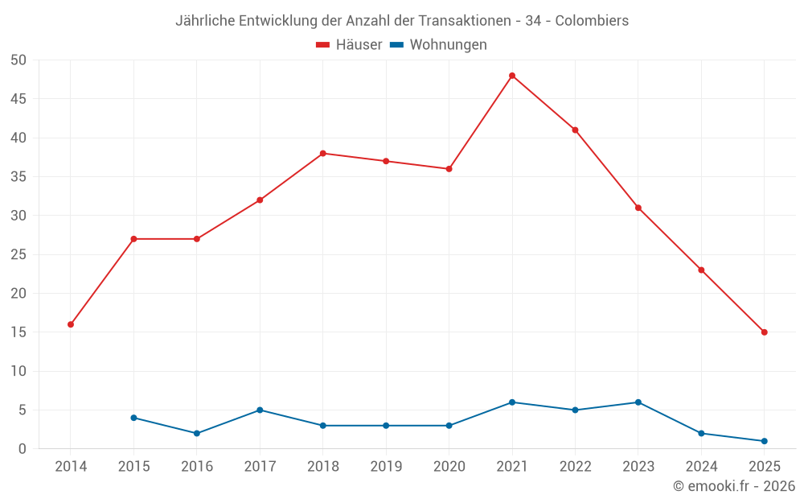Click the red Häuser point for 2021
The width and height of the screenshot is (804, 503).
pyautogui.click(x=512, y=76)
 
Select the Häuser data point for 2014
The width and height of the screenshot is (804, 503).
pyautogui.click(x=71, y=324)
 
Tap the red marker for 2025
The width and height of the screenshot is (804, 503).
pyautogui.click(x=764, y=332)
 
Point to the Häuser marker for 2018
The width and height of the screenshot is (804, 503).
pyautogui.click(x=323, y=153)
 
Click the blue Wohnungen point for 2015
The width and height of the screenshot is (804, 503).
pyautogui.click(x=133, y=418)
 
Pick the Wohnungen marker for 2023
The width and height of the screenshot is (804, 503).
pyautogui.click(x=638, y=402)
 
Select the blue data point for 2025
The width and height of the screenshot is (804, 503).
pyautogui.click(x=764, y=441)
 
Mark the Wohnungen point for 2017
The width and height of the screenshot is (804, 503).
pyautogui.click(x=260, y=410)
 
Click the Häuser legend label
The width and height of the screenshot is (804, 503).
pyautogui.click(x=359, y=45)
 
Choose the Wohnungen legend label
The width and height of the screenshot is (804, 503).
pyautogui.click(x=448, y=45)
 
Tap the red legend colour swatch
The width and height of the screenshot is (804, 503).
pyautogui.click(x=323, y=45)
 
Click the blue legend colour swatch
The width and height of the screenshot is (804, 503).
pyautogui.click(x=396, y=45)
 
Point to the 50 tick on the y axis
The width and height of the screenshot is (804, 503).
pyautogui.click(x=18, y=60)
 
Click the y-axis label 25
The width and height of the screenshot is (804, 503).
pyautogui.click(x=18, y=255)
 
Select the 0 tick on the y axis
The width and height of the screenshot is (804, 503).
pyautogui.click(x=23, y=449)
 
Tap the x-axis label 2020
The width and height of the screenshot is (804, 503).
pyautogui.click(x=449, y=466)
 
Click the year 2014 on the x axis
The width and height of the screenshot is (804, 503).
pyautogui.click(x=71, y=466)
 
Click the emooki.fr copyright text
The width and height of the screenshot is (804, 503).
pyautogui.click(x=734, y=486)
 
